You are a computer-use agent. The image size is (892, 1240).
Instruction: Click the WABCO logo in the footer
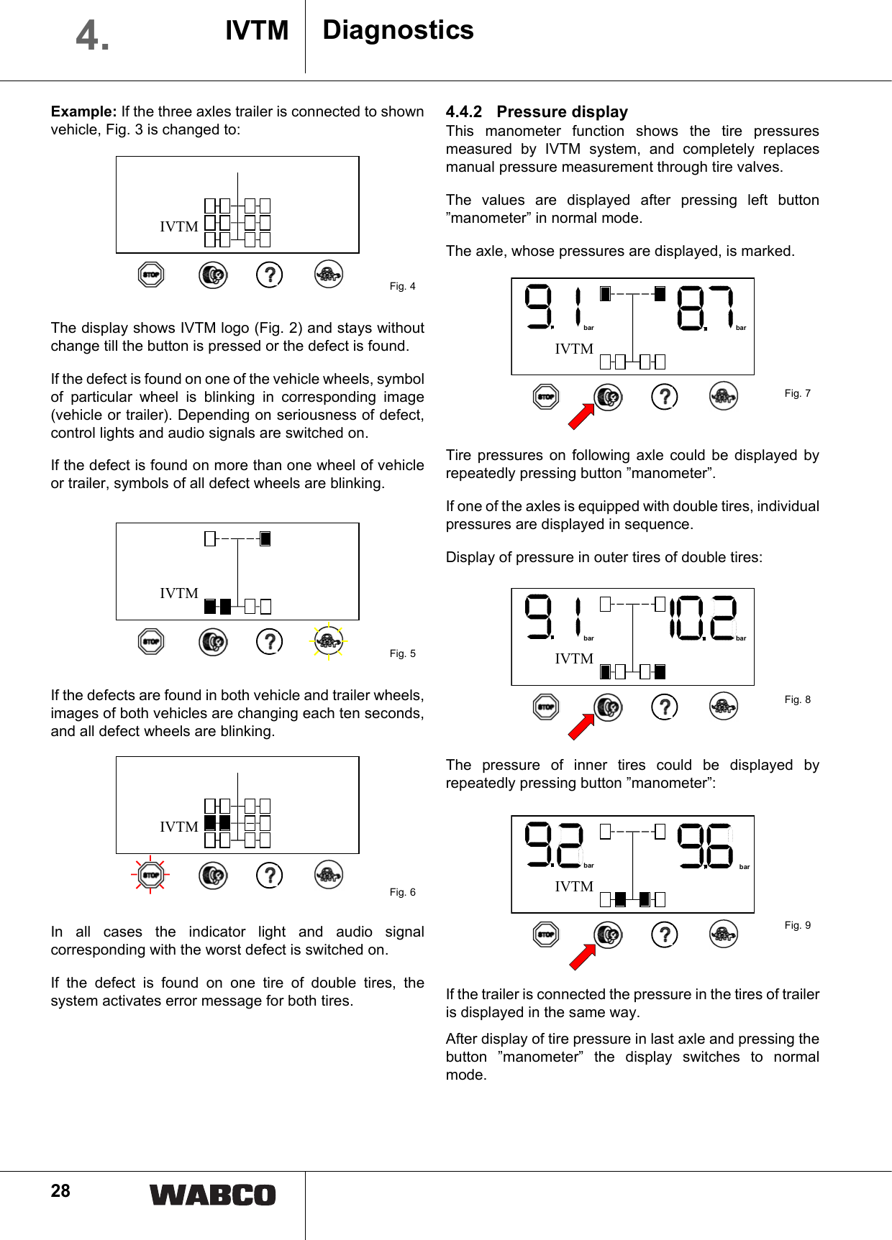(x=212, y=1195)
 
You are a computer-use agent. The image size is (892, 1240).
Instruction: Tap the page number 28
(x=60, y=1191)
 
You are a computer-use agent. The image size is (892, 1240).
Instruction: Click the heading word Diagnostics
(x=398, y=30)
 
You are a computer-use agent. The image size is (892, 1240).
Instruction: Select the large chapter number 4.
(x=92, y=35)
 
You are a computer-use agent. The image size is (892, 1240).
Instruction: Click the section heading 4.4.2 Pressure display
(x=537, y=111)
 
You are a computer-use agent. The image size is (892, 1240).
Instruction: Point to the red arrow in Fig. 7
(x=581, y=417)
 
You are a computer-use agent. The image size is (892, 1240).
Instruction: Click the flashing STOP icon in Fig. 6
(x=150, y=875)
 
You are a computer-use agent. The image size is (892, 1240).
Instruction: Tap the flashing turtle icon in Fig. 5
(x=329, y=641)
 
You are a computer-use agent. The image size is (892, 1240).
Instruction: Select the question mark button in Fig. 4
(x=270, y=275)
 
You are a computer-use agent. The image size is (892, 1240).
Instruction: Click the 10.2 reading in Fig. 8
(x=704, y=617)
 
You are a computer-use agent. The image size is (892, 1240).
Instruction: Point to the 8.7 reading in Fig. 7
(x=706, y=308)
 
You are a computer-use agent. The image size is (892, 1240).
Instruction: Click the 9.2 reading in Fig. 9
(x=552, y=845)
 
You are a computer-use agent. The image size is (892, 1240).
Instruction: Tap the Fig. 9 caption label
(x=797, y=925)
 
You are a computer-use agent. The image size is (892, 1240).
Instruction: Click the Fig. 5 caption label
(x=402, y=653)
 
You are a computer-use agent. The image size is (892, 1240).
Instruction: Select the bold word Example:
(x=83, y=111)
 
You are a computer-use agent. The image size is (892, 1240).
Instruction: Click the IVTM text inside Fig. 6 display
(x=178, y=827)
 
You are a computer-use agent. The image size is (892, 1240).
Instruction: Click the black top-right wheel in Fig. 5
(x=265, y=538)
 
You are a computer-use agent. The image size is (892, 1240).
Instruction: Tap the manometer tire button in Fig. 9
(x=608, y=934)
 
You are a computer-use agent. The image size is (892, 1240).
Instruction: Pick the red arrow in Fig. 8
(x=581, y=727)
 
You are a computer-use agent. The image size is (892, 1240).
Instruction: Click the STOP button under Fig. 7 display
(x=546, y=396)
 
